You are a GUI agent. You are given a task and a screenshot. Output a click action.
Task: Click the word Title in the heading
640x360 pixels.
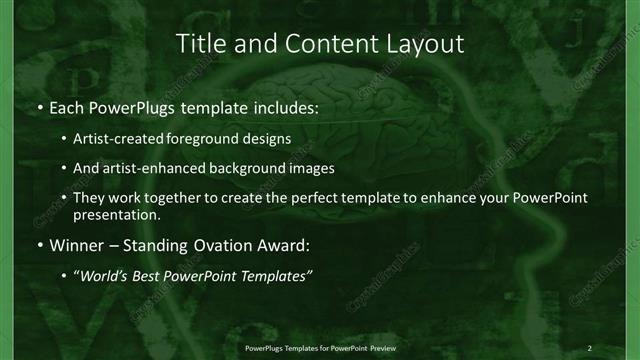point(201,43)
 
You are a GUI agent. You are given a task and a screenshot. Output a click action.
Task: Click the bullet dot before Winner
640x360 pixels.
point(39,244)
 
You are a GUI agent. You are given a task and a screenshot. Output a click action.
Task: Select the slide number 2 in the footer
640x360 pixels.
point(589,347)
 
